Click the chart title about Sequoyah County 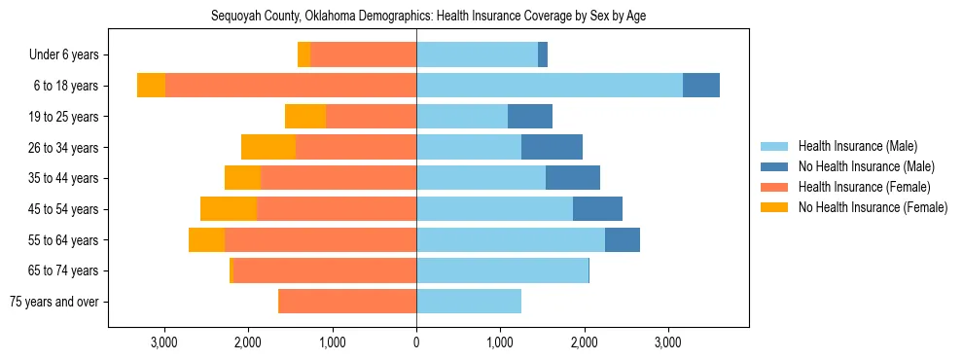click(428, 17)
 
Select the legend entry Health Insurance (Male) click(856, 147)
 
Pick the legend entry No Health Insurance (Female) click(872, 207)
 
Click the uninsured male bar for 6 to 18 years click(701, 86)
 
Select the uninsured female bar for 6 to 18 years click(151, 86)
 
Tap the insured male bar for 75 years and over click(469, 302)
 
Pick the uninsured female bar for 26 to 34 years click(268, 147)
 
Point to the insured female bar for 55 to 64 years click(320, 239)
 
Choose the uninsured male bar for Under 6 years click(543, 55)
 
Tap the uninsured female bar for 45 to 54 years click(229, 209)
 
